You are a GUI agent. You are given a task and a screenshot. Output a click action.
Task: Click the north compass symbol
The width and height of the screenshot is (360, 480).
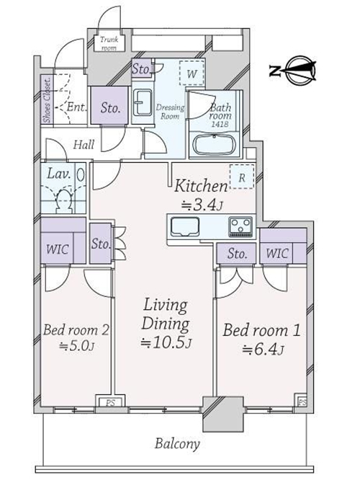point(293,70)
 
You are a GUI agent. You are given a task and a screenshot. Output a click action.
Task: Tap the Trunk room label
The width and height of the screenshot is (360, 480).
point(109,43)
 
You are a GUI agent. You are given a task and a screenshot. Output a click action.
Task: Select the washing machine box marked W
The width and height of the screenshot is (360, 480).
point(192,74)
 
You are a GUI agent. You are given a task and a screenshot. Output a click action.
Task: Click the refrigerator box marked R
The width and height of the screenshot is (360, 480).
point(242,177)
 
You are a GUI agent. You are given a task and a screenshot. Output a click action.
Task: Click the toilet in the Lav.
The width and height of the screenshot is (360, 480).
point(64,201)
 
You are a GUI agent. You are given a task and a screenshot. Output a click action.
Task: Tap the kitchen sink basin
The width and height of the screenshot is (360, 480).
point(185,227)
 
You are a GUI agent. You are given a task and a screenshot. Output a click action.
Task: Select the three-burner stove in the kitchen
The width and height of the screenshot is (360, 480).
point(240,226)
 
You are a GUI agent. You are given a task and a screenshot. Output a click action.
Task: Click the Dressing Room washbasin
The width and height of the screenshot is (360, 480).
point(143,102)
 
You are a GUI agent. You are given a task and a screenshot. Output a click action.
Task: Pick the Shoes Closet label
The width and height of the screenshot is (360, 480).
point(47,100)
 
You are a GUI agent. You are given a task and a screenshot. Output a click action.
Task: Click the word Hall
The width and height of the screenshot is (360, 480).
point(84,144)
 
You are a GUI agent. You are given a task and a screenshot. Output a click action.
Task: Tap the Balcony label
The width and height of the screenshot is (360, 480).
point(177,444)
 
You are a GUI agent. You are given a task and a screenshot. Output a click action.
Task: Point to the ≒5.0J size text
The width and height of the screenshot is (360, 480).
point(76,346)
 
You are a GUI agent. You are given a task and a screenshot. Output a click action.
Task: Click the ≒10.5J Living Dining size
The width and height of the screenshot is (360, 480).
point(166,343)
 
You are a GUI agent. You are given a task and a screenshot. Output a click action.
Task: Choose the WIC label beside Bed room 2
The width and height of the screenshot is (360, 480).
point(57,249)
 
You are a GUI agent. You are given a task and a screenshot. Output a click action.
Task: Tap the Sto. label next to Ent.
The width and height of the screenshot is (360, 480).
point(110,107)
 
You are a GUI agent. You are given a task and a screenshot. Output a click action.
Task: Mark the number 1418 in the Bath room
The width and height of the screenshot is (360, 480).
point(220,124)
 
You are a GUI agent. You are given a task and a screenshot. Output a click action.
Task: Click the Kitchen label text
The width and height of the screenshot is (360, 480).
point(201,186)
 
